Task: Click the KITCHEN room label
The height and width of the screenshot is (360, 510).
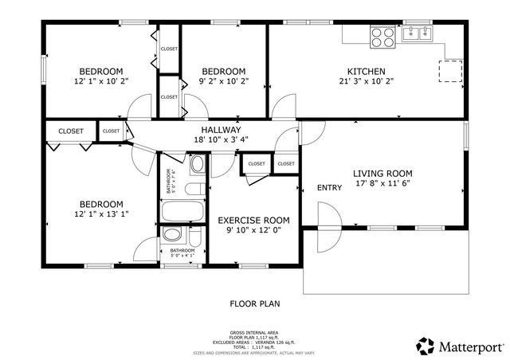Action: [366, 71]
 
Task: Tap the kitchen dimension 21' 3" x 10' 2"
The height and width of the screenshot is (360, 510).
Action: [366, 80]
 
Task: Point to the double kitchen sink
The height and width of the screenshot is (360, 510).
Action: [417, 33]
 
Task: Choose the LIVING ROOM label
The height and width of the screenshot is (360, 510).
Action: [382, 173]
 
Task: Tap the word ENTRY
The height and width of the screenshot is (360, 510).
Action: [329, 188]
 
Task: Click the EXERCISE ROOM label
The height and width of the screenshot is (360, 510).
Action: [253, 221]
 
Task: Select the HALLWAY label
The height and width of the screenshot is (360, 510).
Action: [221, 130]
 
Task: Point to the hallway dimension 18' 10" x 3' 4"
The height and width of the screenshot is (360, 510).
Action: [221, 139]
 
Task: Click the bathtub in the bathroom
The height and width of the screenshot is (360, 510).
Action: [182, 213]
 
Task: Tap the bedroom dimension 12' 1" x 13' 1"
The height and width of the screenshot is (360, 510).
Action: [100, 213]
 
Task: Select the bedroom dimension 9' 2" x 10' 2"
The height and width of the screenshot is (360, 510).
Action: [224, 80]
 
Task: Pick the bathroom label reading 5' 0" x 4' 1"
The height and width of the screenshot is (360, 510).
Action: [182, 253]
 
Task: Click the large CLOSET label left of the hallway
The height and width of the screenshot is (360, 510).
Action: [71, 131]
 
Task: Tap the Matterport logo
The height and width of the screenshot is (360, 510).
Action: [460, 345]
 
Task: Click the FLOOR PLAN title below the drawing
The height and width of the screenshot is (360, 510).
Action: [255, 303]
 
